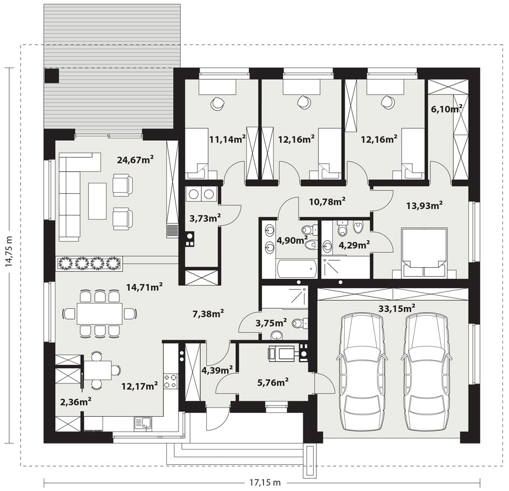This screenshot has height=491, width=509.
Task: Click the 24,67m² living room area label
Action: click(x=135, y=160)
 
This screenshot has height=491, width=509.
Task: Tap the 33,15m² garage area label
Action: click(x=397, y=308)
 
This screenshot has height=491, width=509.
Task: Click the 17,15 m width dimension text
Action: click(x=265, y=483)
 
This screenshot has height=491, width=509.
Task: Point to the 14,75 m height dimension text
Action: click(x=9, y=252)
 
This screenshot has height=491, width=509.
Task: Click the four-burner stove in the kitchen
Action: click(x=170, y=381)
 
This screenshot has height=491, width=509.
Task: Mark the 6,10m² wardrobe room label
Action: click(x=446, y=109)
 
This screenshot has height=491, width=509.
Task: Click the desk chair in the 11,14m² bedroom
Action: click(x=217, y=103)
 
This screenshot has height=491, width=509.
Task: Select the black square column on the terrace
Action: click(x=52, y=76)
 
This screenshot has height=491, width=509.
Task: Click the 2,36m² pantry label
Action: click(x=75, y=402)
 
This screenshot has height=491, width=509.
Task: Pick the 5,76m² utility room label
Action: click(x=273, y=382)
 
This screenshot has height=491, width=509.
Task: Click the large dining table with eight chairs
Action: click(x=100, y=314)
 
